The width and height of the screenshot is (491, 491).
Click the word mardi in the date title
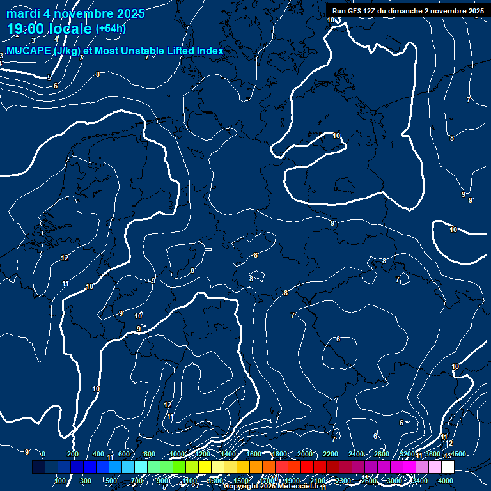pyautogui.click(x=22, y=14)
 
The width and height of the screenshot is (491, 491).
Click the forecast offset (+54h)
pyautogui.click(x=111, y=29)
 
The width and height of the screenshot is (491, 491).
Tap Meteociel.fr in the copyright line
pyautogui.click(x=300, y=487)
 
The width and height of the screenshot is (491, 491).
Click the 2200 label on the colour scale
pyautogui.click(x=331, y=454)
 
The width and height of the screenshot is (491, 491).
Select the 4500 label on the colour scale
pyautogui.click(x=458, y=454)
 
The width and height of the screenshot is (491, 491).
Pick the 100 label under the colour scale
pyautogui.click(x=61, y=480)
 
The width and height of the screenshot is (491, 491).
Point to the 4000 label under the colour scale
pyautogui.click(x=446, y=480)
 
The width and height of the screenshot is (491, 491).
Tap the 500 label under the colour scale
pyautogui.click(x=111, y=480)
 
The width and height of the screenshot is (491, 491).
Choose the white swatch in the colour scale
pyautogui.click(x=448, y=467)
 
